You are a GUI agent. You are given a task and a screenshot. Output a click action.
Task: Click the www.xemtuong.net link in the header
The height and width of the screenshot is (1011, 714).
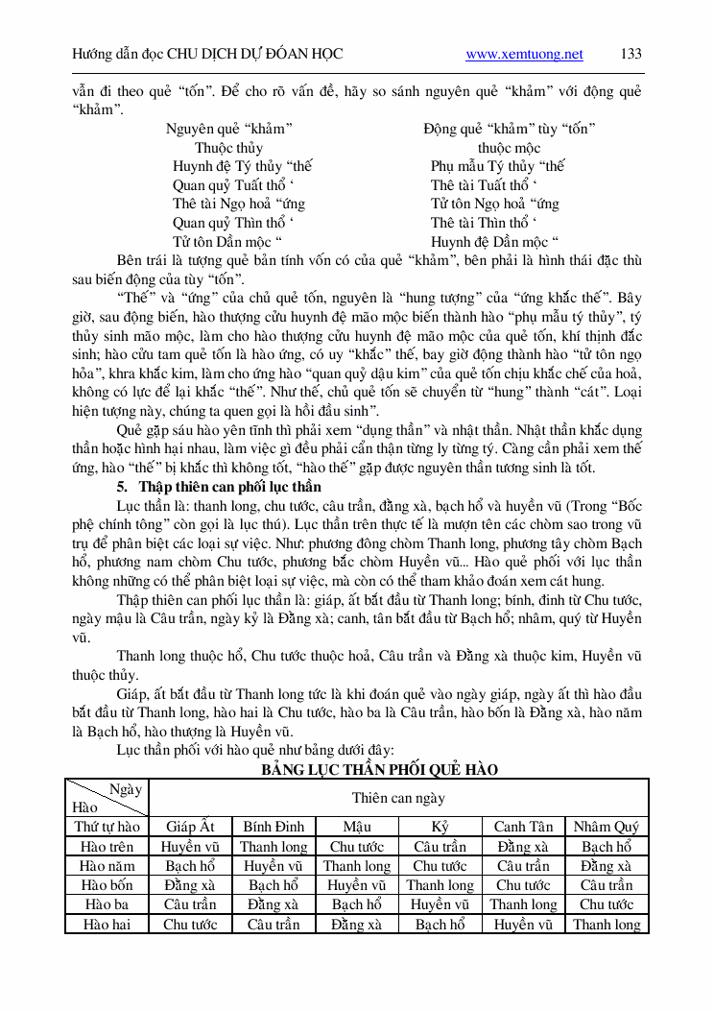click(x=524, y=54)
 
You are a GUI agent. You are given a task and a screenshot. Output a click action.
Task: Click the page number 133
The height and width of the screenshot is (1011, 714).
click(x=631, y=54)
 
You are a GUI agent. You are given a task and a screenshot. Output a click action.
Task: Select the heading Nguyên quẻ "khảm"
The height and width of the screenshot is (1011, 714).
click(x=229, y=129)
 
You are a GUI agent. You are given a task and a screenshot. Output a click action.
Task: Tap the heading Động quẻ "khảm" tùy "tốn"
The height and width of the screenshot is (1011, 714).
click(x=509, y=129)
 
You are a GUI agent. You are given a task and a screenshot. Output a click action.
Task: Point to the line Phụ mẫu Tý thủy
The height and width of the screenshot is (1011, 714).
click(x=497, y=166)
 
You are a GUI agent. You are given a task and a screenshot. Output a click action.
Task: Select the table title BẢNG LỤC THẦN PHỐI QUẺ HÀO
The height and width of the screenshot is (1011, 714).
click(x=380, y=770)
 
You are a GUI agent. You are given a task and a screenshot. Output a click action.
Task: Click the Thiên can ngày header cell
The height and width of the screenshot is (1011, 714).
click(x=398, y=798)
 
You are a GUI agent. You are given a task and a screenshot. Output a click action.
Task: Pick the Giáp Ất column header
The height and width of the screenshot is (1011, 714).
click(x=190, y=827)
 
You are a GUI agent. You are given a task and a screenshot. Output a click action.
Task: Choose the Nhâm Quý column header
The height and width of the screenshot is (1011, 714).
click(x=606, y=827)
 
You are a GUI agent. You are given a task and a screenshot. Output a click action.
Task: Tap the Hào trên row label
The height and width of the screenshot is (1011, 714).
click(x=107, y=847)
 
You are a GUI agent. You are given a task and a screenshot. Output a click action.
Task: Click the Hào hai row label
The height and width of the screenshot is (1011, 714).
click(x=107, y=925)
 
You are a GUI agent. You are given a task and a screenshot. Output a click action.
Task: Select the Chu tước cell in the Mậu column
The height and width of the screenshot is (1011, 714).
click(x=356, y=847)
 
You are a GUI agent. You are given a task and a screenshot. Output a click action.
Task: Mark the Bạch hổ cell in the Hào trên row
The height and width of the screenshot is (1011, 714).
click(x=606, y=847)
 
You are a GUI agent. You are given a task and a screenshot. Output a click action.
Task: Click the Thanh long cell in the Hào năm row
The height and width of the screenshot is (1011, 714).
click(x=356, y=866)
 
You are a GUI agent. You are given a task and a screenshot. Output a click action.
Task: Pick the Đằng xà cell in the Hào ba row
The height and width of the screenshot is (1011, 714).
click(x=273, y=904)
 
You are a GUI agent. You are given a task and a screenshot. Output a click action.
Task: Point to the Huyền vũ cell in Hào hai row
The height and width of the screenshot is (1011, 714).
click(x=523, y=925)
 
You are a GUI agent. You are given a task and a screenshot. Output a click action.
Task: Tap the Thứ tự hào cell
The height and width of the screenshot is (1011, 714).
click(x=107, y=827)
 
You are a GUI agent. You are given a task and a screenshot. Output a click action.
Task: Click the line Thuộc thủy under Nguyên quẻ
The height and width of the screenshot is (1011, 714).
click(x=228, y=148)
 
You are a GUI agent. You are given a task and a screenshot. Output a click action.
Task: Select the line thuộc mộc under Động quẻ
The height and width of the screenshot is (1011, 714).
click(x=509, y=148)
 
